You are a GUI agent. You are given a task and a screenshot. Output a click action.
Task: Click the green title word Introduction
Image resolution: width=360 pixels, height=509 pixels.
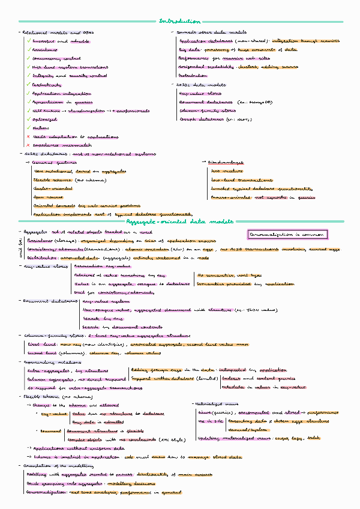180,22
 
